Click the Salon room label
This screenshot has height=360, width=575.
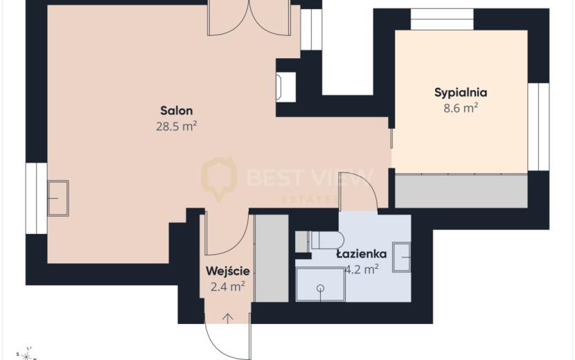click(177, 110)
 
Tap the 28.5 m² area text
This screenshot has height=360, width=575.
click(177, 127)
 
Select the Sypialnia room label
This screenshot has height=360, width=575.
click(461, 93)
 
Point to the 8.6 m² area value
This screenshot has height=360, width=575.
click(461, 108)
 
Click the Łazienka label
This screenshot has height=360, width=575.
click(362, 253)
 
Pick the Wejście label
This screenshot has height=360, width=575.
click(228, 271)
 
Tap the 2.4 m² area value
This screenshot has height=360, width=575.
click(228, 287)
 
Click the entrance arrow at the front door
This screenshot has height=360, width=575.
click(228, 318)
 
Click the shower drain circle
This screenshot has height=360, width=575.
click(321, 289)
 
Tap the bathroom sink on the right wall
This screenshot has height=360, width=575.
click(401, 257)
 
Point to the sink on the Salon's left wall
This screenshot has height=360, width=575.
click(58, 198)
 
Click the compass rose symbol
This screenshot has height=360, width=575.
click(27, 354)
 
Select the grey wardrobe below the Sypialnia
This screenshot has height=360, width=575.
click(461, 191)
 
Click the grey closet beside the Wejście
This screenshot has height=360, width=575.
click(272, 258)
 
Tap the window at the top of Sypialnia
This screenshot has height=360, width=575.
click(442, 19)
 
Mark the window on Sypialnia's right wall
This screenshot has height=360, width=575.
click(538, 127)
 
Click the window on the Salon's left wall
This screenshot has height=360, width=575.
click(36, 198)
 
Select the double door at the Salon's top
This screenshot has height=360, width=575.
click(249, 17)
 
